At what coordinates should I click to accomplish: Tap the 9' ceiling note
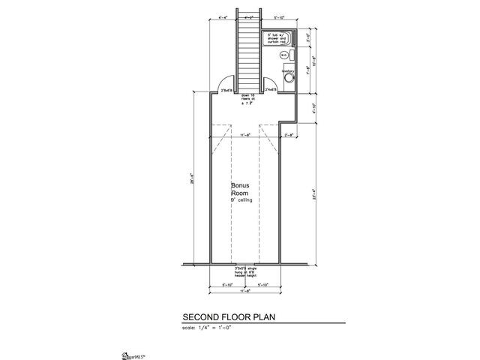coord(242,202)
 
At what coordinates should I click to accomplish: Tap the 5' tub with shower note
coord(278,38)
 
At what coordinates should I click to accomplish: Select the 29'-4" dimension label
coord(192,180)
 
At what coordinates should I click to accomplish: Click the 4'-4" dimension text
coord(221,16)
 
